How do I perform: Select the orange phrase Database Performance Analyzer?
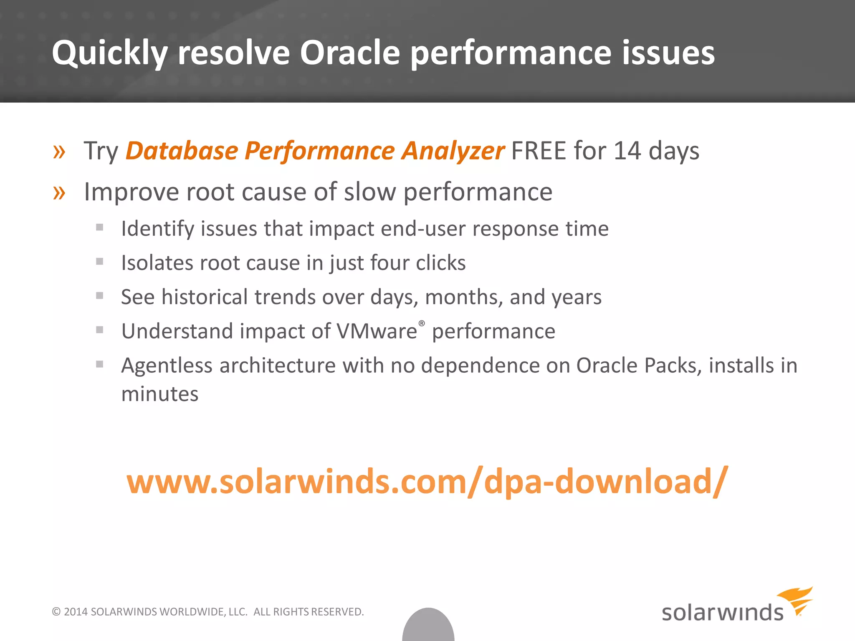[315, 151]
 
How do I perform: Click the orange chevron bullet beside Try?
[59, 151]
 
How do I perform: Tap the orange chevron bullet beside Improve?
[59, 193]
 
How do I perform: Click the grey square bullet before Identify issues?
[99, 227]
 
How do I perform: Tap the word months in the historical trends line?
[463, 297]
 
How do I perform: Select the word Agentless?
[167, 366]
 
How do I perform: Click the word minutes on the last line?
[160, 394]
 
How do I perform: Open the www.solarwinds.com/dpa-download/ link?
[427, 482]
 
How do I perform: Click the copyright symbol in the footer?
[56, 612]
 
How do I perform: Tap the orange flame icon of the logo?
[797, 600]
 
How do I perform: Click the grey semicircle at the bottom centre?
[428, 626]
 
